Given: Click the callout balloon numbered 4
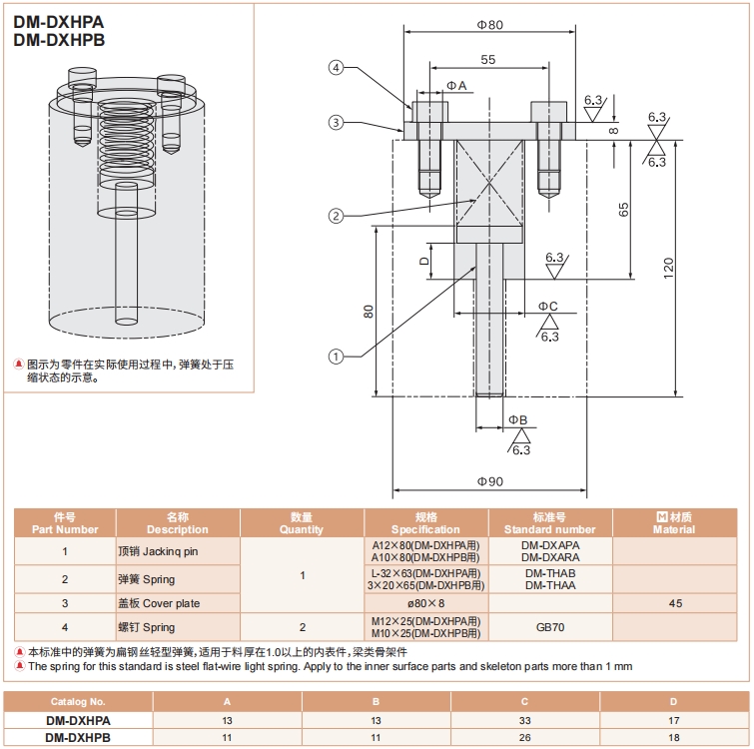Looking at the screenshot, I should (337, 68).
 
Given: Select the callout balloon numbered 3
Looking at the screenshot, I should (337, 122).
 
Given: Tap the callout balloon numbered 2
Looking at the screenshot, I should (337, 216).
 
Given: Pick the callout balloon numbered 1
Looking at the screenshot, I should (337, 356).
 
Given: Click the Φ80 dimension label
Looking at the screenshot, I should (488, 24).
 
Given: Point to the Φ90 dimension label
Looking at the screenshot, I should (489, 481).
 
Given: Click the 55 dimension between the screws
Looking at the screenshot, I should (487, 61).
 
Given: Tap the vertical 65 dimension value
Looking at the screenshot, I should (624, 210).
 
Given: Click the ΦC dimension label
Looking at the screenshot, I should (547, 306).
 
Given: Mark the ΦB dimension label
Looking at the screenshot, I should (517, 419).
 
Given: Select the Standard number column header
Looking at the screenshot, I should (549, 523).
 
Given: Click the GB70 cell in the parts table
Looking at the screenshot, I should (549, 627).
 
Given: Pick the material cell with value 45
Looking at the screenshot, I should (675, 603).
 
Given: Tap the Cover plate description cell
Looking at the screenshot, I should (160, 603).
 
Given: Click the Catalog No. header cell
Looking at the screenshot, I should (77, 701).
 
